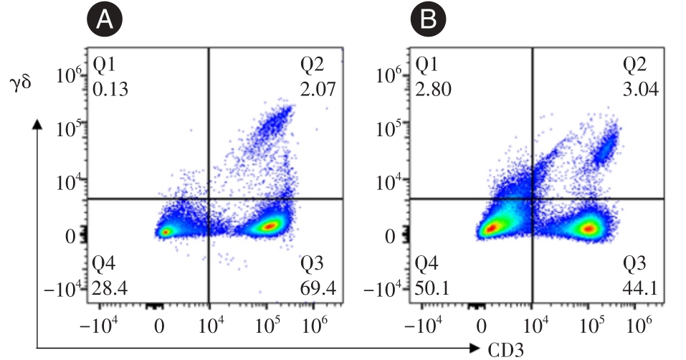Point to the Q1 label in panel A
(x=103, y=66)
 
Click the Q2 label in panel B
(x=637, y=66)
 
